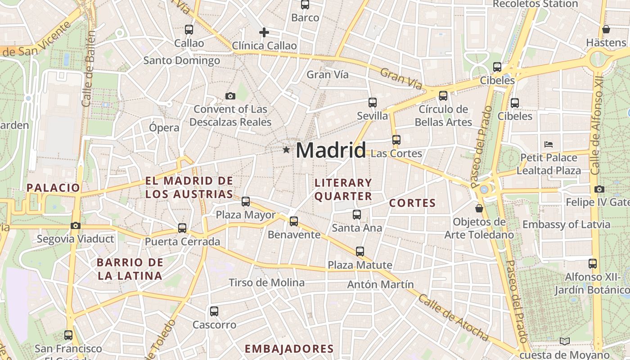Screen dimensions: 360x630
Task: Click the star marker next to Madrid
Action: pyautogui.click(x=286, y=149)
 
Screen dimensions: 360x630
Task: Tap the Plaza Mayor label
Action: pyautogui.click(x=245, y=215)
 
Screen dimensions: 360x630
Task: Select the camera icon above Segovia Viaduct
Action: pyautogui.click(x=75, y=225)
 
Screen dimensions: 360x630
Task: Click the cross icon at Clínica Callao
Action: pyautogui.click(x=264, y=32)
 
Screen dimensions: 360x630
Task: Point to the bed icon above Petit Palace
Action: pyautogui.click(x=548, y=144)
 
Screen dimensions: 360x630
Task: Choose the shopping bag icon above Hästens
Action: pyautogui.click(x=606, y=29)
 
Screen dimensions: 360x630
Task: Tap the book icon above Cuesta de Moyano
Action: pyautogui.click(x=564, y=342)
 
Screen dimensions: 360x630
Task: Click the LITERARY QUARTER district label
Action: pyautogui.click(x=343, y=189)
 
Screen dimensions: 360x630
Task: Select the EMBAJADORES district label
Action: pyautogui.click(x=289, y=349)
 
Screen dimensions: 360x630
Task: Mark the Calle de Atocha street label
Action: pyautogui.click(x=453, y=318)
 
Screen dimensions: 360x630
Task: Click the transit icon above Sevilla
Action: pyautogui.click(x=372, y=103)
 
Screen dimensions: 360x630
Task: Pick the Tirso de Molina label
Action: pyautogui.click(x=266, y=283)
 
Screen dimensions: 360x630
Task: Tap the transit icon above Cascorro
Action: pyautogui.click(x=214, y=311)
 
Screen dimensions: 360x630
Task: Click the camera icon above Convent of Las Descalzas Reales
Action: pyautogui.click(x=230, y=96)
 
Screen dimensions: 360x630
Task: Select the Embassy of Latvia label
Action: pyautogui.click(x=566, y=224)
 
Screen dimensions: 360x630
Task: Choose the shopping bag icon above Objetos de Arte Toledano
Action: pyautogui.click(x=479, y=208)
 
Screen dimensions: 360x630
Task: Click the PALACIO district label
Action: pyautogui.click(x=53, y=188)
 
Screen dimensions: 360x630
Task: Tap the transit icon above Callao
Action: pyautogui.click(x=189, y=30)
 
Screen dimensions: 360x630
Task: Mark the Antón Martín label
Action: pyautogui.click(x=380, y=284)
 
